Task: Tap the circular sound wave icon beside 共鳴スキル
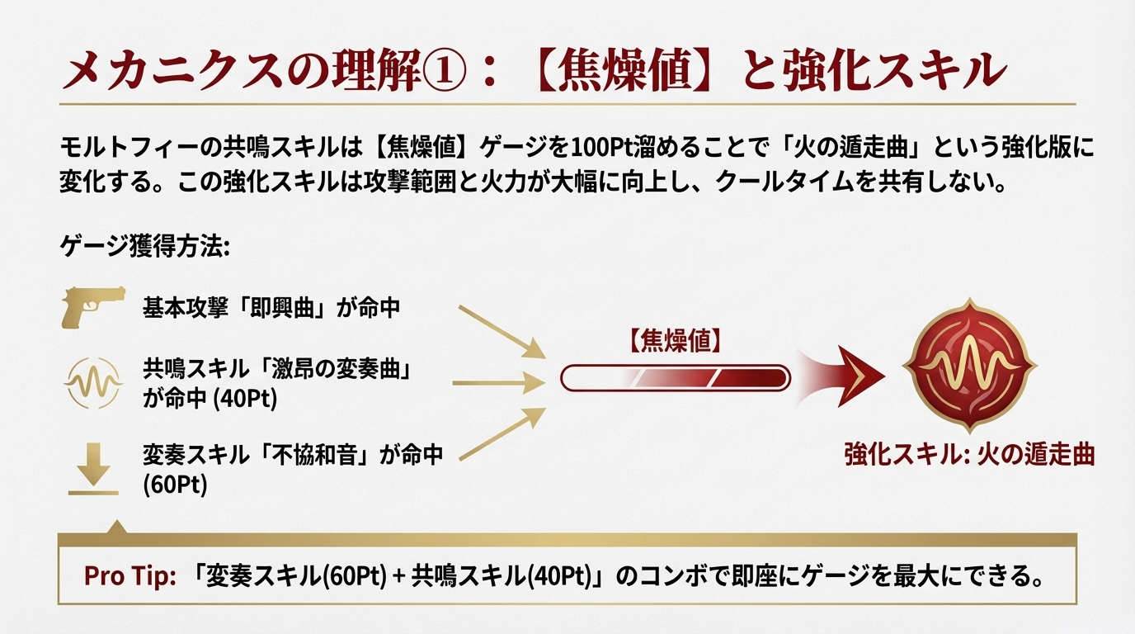click(x=92, y=383)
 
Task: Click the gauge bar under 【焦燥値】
click(x=675, y=378)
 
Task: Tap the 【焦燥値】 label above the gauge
click(x=675, y=339)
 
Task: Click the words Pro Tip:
click(x=130, y=576)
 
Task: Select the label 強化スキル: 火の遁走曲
click(x=968, y=455)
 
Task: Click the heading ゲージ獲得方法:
click(x=144, y=246)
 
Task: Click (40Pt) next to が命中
click(x=247, y=399)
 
